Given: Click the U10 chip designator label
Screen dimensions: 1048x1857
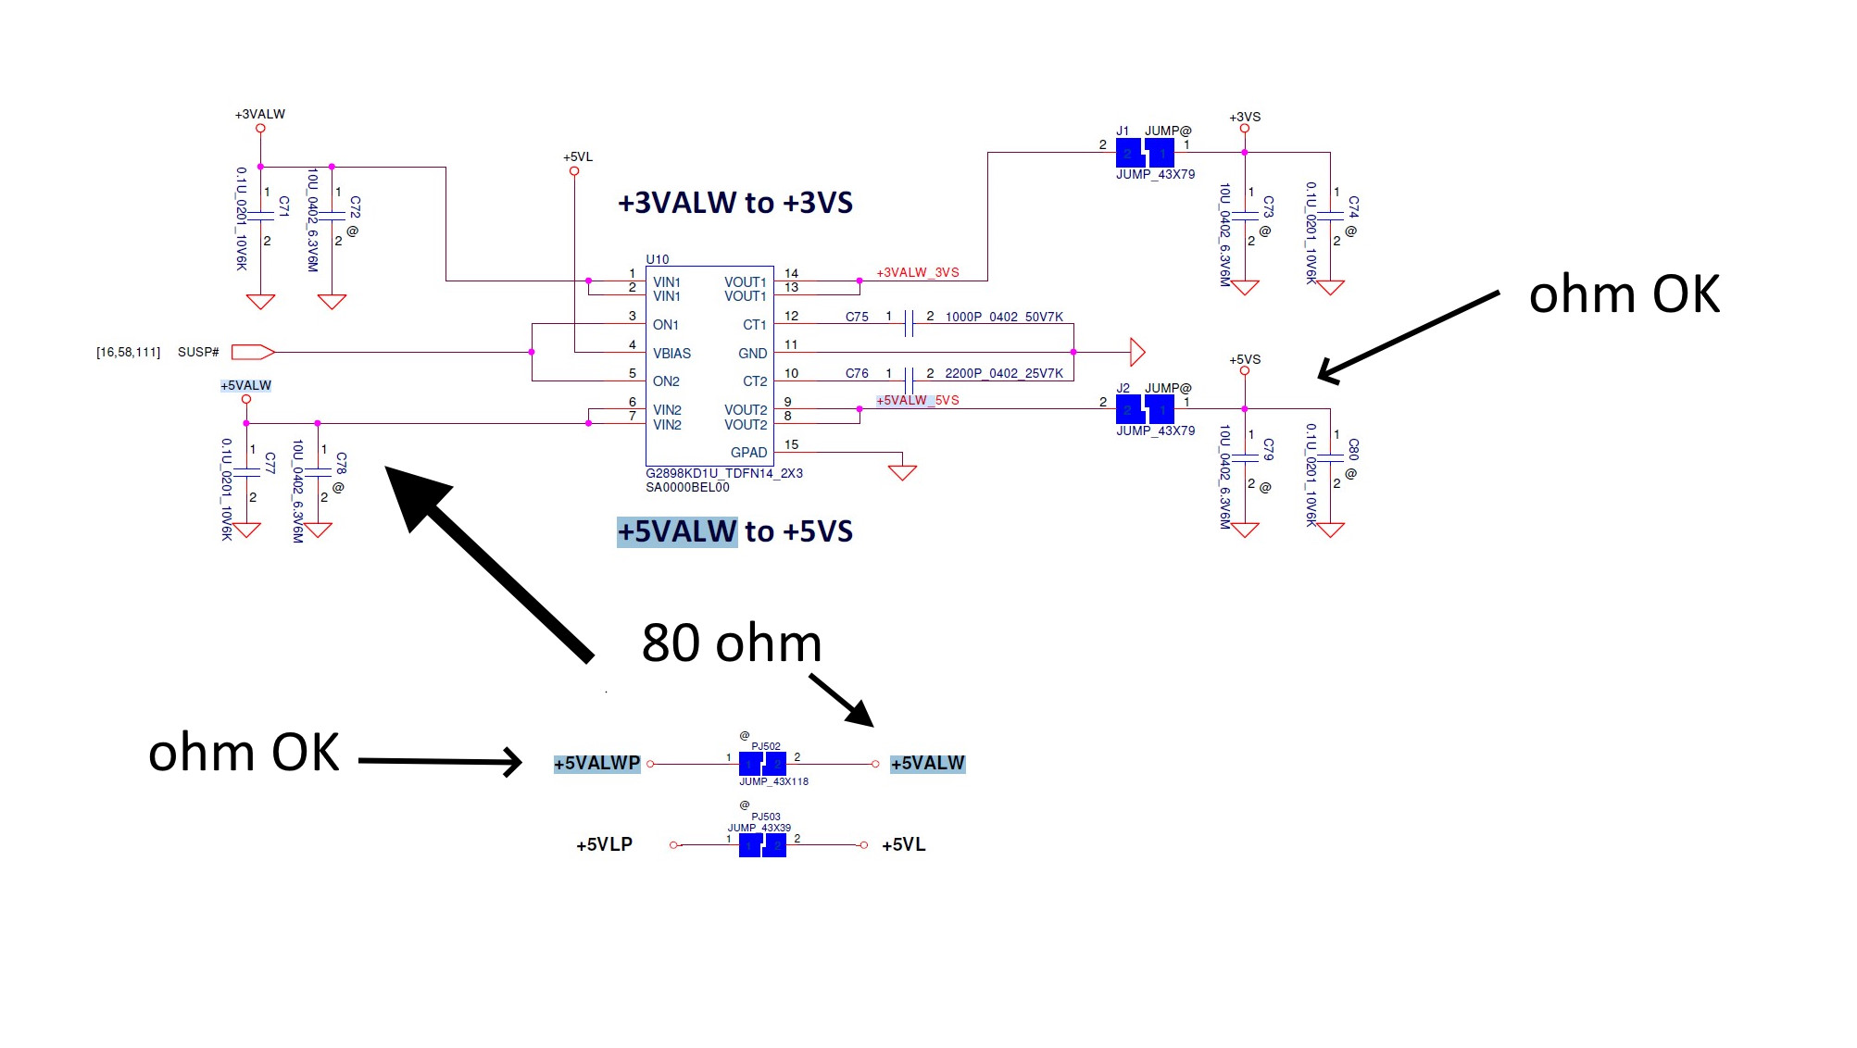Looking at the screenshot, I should pyautogui.click(x=657, y=259).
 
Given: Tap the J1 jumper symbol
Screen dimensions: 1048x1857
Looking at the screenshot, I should pyautogui.click(x=1145, y=153).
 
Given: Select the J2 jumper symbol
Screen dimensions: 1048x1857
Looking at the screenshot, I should pyautogui.click(x=1145, y=408).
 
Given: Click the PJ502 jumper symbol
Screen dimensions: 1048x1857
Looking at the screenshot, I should pyautogui.click(x=762, y=764).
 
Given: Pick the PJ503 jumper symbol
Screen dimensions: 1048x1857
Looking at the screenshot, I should pyautogui.click(x=762, y=845).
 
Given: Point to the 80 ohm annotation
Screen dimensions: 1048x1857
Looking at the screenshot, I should pyautogui.click(x=732, y=643).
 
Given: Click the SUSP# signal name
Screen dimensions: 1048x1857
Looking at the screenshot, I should pyautogui.click(x=198, y=353).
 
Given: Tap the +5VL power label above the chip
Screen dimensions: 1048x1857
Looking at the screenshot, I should pyautogui.click(x=578, y=157).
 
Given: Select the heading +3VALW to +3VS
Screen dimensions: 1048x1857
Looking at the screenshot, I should pyautogui.click(x=734, y=203).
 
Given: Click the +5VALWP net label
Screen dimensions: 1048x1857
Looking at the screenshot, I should pyautogui.click(x=597, y=764).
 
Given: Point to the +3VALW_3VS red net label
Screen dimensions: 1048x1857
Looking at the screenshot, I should pyautogui.click(x=918, y=273).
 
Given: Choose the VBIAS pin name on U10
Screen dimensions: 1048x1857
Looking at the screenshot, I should pyautogui.click(x=671, y=354).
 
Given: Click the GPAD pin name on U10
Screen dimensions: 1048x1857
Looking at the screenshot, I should pyautogui.click(x=748, y=453).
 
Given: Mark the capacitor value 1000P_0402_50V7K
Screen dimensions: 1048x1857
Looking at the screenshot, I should pyautogui.click(x=1004, y=318).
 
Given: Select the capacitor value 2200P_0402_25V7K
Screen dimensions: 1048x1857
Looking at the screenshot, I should pyautogui.click(x=1004, y=374).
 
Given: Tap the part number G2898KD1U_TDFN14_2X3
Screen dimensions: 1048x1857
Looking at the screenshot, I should pyautogui.click(x=724, y=473).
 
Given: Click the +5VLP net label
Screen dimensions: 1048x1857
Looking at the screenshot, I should pyautogui.click(x=604, y=845).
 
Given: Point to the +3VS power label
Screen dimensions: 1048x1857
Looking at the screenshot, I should pyautogui.click(x=1245, y=118).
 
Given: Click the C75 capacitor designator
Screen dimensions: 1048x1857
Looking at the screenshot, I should pyautogui.click(x=857, y=318).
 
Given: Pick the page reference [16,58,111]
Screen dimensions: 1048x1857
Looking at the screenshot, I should pyautogui.click(x=128, y=353).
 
